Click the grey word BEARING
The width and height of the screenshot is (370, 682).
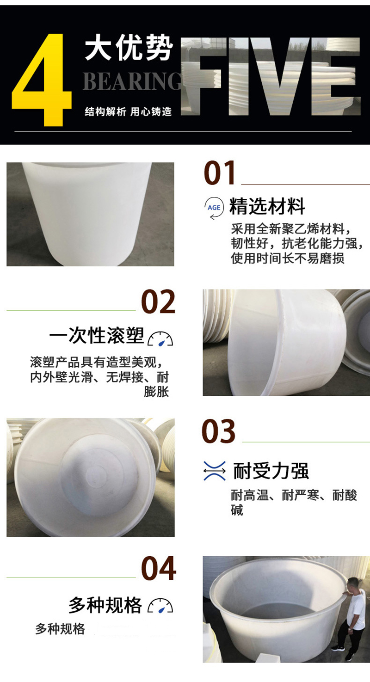[x=132, y=81]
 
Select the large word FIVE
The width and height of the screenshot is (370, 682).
[x=271, y=76]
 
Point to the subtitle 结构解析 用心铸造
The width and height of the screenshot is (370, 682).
[x=128, y=112]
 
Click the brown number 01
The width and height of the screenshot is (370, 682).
[x=219, y=173]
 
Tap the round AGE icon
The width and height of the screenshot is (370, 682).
[x=214, y=208]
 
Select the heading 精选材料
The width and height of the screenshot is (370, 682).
[x=267, y=206]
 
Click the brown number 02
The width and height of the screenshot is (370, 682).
[x=158, y=301]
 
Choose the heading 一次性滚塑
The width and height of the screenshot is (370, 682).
[x=97, y=336]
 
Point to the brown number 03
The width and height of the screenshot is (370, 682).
[x=218, y=430]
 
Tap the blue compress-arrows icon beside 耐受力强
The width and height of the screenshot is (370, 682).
[x=215, y=471]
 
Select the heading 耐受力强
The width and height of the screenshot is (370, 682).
[x=271, y=471]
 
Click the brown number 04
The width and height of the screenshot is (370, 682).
[x=159, y=568]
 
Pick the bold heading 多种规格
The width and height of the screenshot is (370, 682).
[x=105, y=605]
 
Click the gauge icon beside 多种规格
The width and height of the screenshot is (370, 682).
[x=160, y=606]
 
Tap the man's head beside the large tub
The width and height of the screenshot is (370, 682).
[x=353, y=583]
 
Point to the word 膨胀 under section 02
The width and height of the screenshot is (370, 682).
[x=156, y=392]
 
